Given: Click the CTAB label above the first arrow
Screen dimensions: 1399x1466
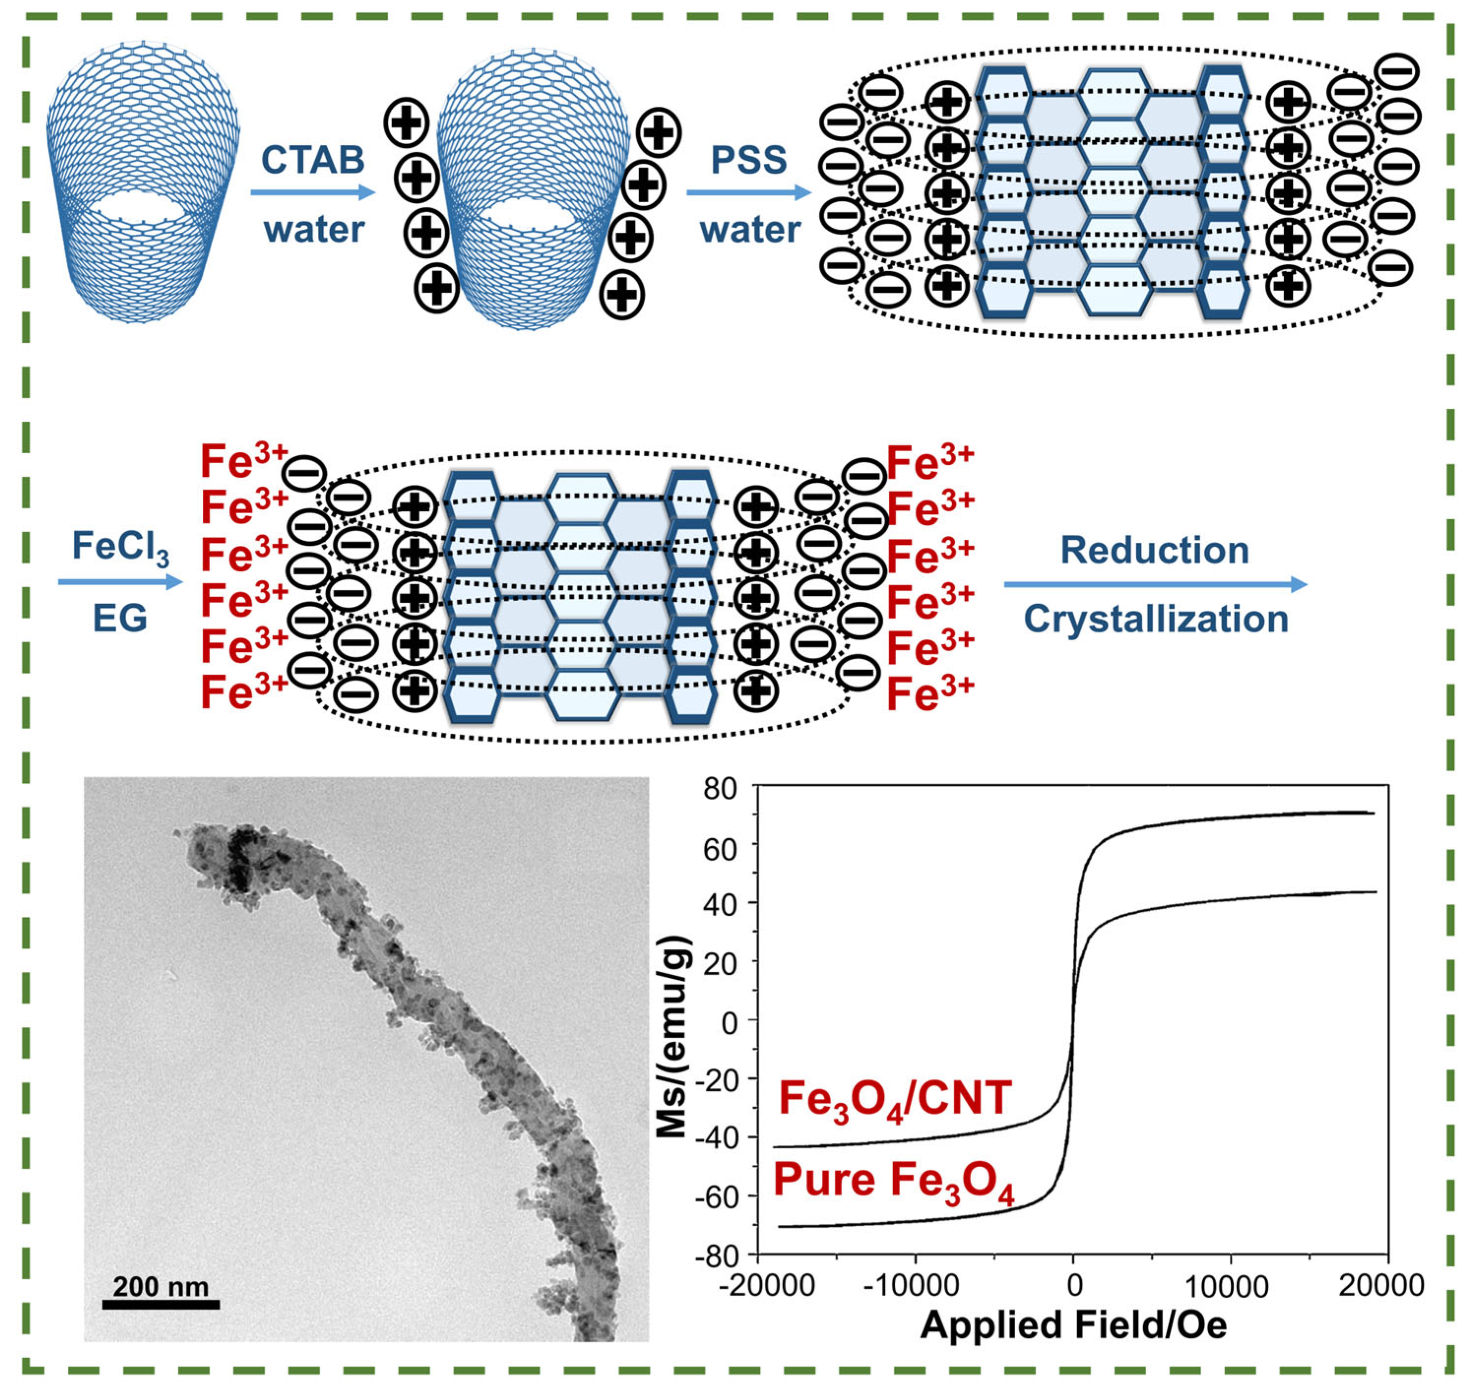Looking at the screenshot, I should click(312, 159).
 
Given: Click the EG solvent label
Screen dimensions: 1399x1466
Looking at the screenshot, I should click(119, 618).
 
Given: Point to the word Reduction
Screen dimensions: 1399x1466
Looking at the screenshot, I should click(1154, 550).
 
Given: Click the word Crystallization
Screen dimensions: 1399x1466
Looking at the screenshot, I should click(1156, 619).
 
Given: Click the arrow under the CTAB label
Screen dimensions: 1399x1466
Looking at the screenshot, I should click(312, 192).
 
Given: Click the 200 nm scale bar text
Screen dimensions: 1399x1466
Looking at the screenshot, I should click(160, 1286).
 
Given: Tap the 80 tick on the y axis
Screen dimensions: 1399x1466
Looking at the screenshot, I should click(719, 789).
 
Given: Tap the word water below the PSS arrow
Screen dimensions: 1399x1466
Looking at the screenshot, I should click(749, 229).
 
